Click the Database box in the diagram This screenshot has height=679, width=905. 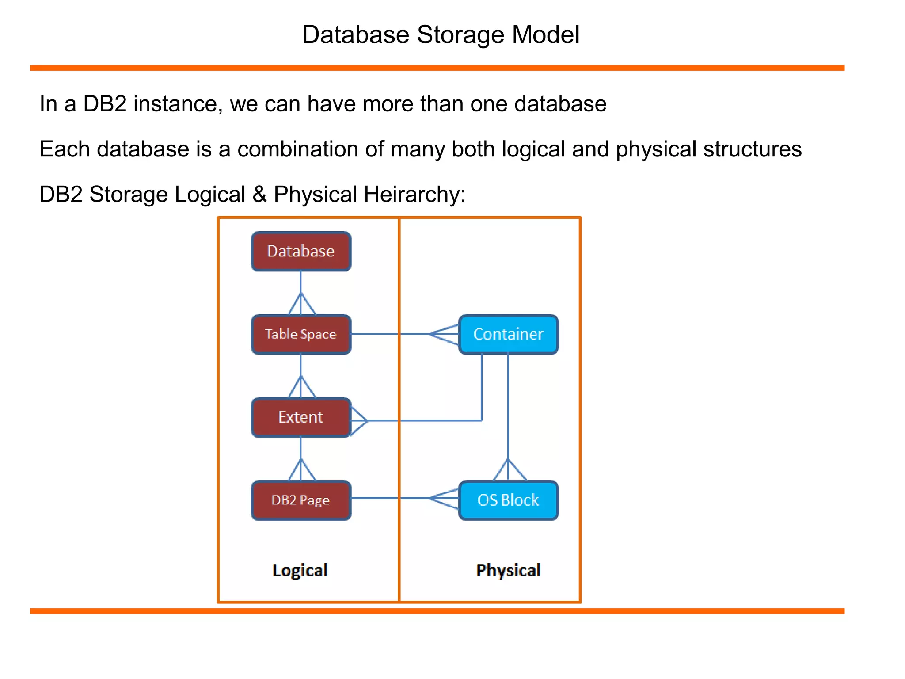pyautogui.click(x=301, y=251)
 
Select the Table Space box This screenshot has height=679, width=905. pyautogui.click(x=301, y=334)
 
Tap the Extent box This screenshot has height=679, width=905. pyautogui.click(x=301, y=417)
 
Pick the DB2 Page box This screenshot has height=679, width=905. pyautogui.click(x=301, y=500)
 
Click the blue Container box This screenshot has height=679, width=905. pyautogui.click(x=508, y=334)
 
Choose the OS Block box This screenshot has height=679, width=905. pyautogui.click(x=508, y=500)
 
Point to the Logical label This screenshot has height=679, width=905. pyautogui.click(x=300, y=570)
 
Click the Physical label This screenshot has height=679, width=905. pyautogui.click(x=508, y=570)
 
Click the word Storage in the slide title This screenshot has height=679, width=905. pyautogui.click(x=460, y=34)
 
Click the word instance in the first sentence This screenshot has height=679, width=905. pyautogui.click(x=175, y=104)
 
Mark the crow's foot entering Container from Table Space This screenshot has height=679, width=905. pyautogui.click(x=445, y=334)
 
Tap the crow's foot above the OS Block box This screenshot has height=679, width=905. pyautogui.click(x=509, y=470)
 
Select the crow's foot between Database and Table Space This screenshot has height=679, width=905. pyautogui.click(x=301, y=304)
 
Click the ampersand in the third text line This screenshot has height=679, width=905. pyautogui.click(x=259, y=194)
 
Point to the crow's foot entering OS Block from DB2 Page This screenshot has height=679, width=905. pyautogui.click(x=445, y=498)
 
